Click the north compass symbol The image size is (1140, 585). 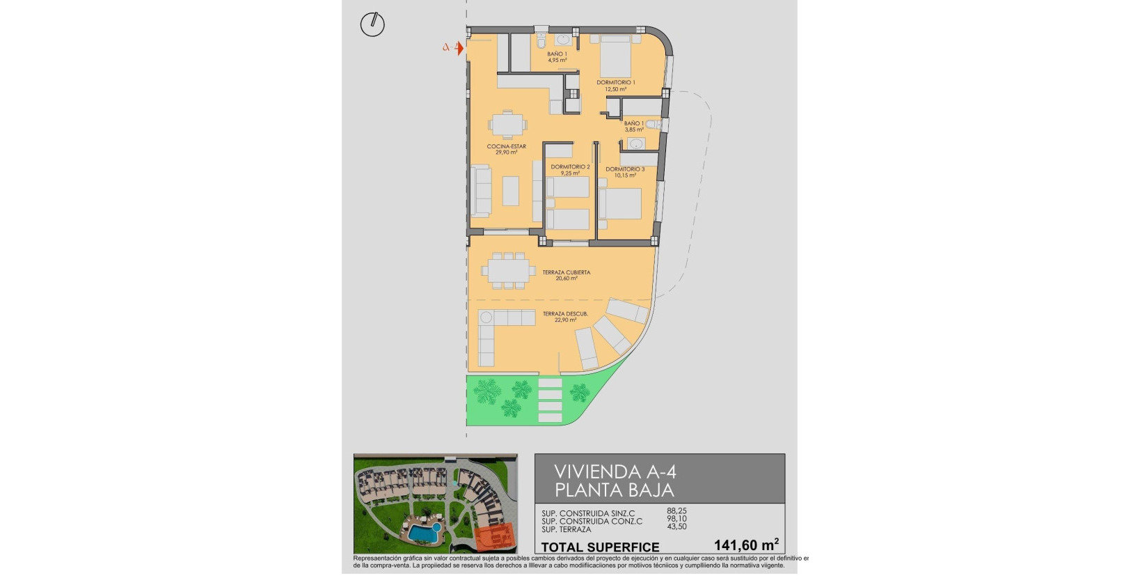pyautogui.click(x=372, y=24)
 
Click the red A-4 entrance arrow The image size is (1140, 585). pyautogui.click(x=459, y=47)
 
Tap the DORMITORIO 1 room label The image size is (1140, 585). pyautogui.click(x=615, y=83)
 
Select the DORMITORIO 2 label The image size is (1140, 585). pyautogui.click(x=570, y=167)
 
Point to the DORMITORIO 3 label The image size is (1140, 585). pyautogui.click(x=625, y=169)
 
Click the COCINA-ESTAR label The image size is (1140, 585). pyautogui.click(x=506, y=146)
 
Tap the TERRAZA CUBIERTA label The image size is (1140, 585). pyautogui.click(x=567, y=272)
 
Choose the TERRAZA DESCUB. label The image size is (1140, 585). pyautogui.click(x=565, y=314)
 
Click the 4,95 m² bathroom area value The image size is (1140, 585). pyautogui.click(x=557, y=61)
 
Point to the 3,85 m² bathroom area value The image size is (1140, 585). pyautogui.click(x=634, y=130)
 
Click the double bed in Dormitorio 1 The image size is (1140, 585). pyautogui.click(x=615, y=56)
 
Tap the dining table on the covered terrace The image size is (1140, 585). pyautogui.click(x=508, y=270)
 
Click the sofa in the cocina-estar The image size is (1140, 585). pyautogui.click(x=480, y=191)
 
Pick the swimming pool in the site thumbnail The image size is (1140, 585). pyautogui.click(x=424, y=533)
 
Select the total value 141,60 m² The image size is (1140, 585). pyautogui.click(x=745, y=545)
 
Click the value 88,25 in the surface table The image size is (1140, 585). pyautogui.click(x=676, y=511)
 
